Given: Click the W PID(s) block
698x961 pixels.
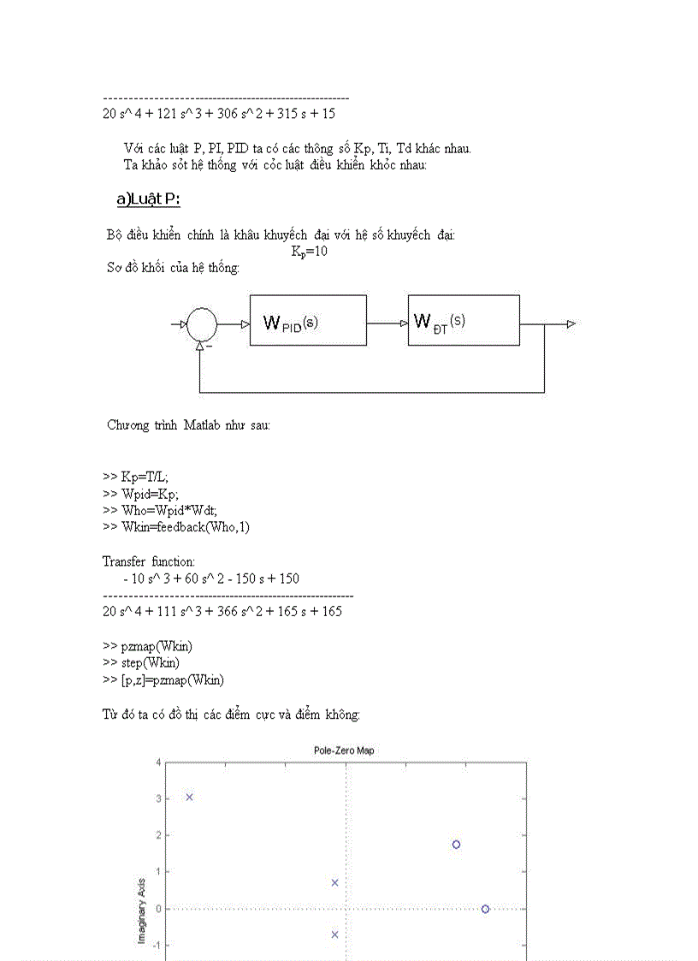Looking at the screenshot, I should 308,321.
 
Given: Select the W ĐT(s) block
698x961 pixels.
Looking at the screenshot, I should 463,321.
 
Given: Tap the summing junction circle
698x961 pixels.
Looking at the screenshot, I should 202,324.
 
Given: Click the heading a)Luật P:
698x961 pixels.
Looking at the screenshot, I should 148,200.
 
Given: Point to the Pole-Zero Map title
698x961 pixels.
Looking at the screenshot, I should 344,750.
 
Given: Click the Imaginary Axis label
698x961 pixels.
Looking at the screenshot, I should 144,911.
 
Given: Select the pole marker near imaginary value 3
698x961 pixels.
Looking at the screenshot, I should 190,797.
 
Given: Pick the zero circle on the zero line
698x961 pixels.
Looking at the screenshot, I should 485,909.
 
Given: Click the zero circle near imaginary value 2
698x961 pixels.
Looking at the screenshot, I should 457,844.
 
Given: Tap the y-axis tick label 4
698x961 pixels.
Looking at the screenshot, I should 157,762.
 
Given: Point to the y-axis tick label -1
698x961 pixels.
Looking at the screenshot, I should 156,946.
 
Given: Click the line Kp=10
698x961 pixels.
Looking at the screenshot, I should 309,252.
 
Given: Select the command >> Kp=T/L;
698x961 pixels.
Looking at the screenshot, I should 141,476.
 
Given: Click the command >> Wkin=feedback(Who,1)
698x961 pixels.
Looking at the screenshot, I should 176,527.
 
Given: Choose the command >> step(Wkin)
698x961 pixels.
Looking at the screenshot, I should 141,663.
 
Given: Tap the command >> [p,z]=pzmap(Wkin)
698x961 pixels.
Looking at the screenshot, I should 163,680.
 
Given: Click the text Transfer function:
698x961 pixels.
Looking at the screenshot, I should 148,561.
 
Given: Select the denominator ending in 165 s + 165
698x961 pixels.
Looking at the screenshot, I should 222,612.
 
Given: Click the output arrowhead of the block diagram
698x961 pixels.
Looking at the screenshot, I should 571,323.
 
